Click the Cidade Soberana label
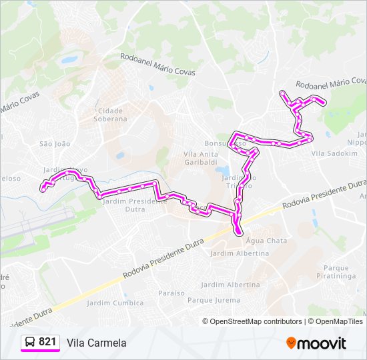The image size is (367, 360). tap(111, 115)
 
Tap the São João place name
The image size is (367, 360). tap(55, 143)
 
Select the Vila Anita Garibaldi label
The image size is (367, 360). tap(201, 157)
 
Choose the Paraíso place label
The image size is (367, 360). tap(171, 293)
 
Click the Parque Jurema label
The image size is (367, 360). tap(214, 300)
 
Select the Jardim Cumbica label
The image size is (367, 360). tap(115, 303)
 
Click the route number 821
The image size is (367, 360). tap(47, 342)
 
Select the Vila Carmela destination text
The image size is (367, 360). tap(96, 343)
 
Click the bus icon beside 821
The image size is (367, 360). tap(30, 342)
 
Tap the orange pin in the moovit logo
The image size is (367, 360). tap(292, 343)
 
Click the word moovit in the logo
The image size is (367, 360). tap(323, 343)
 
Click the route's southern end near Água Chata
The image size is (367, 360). tap(238, 231)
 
